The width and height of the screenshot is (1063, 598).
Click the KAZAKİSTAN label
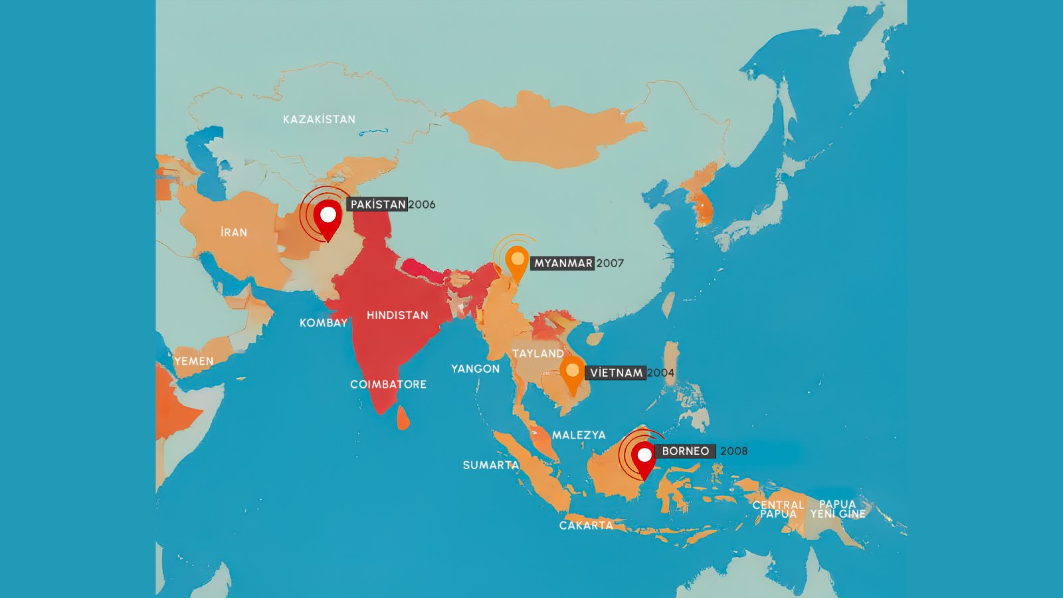(x=319, y=120)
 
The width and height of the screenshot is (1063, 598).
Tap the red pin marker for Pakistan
(x=328, y=217)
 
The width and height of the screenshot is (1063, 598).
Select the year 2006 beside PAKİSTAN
(x=422, y=205)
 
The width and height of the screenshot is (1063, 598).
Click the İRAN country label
(x=234, y=233)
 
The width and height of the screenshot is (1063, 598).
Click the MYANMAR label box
(x=563, y=263)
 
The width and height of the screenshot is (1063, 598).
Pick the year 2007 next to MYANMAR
(x=610, y=263)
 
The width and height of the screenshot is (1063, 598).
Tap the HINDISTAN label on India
(x=397, y=315)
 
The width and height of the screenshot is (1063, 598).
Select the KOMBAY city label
(x=324, y=323)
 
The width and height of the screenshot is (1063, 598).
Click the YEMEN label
(x=194, y=361)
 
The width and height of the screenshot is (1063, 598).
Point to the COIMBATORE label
(x=388, y=384)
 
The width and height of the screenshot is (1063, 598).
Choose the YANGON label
(x=475, y=369)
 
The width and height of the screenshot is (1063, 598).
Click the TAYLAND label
(x=537, y=353)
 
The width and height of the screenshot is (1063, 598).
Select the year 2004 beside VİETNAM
(x=660, y=373)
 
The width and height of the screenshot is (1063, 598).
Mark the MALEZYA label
(x=579, y=435)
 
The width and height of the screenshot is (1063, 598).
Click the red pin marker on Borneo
(x=644, y=458)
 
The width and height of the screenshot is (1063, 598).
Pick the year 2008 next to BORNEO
(x=733, y=451)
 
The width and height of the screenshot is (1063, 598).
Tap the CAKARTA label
(x=586, y=526)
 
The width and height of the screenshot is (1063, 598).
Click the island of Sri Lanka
(x=403, y=419)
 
